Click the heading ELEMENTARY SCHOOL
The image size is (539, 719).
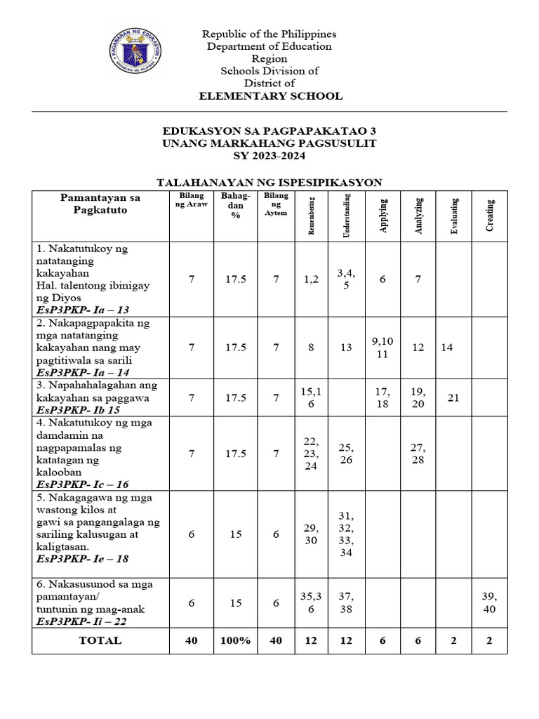click(x=269, y=96)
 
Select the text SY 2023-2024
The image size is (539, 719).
click(x=269, y=155)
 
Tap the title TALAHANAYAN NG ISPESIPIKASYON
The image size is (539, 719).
click(x=269, y=182)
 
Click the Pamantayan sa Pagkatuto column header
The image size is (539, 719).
click(x=100, y=204)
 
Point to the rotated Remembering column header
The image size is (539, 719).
click(x=311, y=216)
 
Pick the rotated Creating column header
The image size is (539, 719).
click(x=489, y=215)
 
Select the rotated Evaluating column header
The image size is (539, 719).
click(x=454, y=216)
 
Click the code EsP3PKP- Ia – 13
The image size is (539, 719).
click(x=83, y=309)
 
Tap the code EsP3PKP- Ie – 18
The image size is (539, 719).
click(x=83, y=559)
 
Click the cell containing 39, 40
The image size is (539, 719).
click(x=489, y=602)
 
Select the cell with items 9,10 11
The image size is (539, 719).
click(x=382, y=348)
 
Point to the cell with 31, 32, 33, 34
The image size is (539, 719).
click(x=346, y=534)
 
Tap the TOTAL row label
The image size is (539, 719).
click(x=100, y=640)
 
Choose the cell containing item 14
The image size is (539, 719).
click(x=448, y=348)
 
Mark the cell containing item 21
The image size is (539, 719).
click(x=453, y=398)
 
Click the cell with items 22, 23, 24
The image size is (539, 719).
click(x=310, y=454)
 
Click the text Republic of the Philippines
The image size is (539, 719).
click(x=269, y=34)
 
